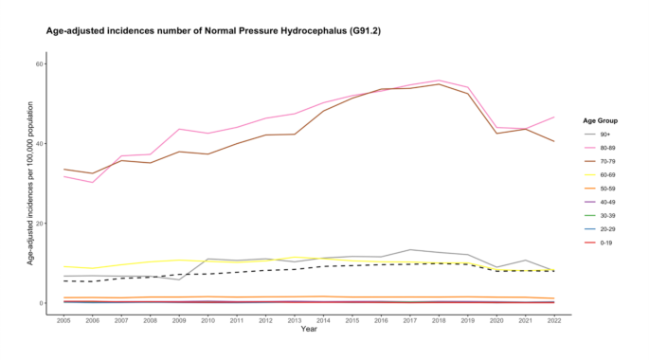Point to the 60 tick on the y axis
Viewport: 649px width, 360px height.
click(x=40, y=63)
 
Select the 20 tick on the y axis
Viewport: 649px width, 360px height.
click(x=40, y=224)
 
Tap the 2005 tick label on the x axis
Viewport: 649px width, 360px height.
click(x=63, y=322)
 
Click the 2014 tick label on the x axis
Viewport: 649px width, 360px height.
click(x=323, y=322)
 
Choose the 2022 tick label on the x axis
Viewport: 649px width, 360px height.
click(x=553, y=322)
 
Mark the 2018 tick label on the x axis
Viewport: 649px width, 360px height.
click(x=439, y=322)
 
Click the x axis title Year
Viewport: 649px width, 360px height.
click(x=309, y=330)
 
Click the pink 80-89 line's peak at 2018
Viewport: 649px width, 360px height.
click(x=439, y=81)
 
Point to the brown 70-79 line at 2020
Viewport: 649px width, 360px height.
click(x=496, y=133)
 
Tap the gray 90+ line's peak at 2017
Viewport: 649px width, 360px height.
click(x=409, y=250)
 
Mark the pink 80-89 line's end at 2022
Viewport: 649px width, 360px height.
click(x=554, y=117)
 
